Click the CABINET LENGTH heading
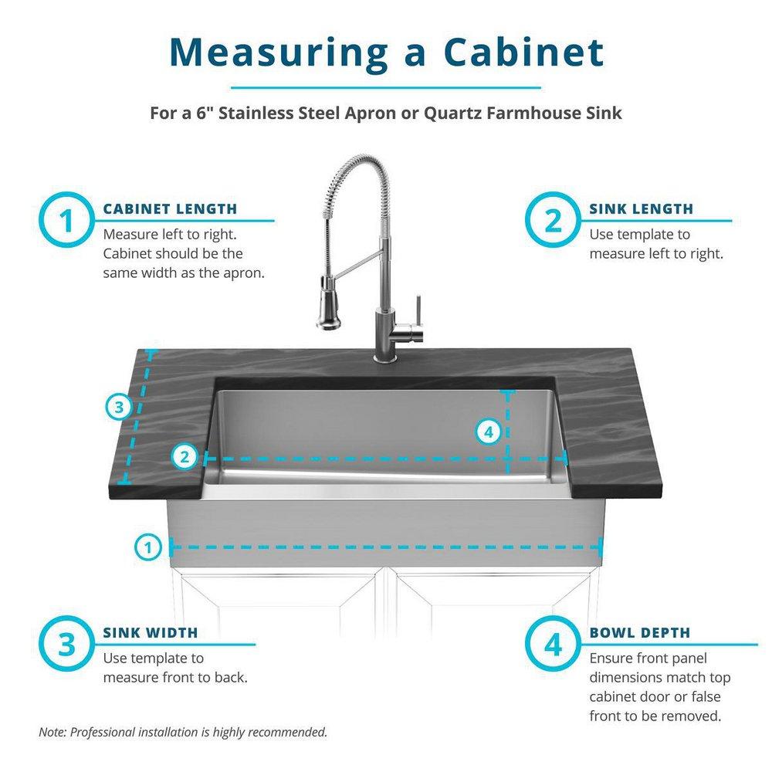pos(170,208)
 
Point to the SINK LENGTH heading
pos(641,208)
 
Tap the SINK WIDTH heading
pos(151,633)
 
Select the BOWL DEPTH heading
pos(640,633)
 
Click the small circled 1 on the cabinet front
pos(147,547)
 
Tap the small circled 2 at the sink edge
pos(184,456)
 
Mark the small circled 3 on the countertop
pos(118,407)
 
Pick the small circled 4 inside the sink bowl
pos(487,432)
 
